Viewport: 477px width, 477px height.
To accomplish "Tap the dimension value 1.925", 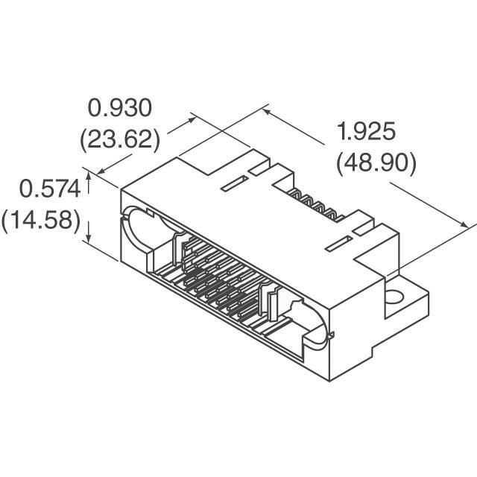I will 365,133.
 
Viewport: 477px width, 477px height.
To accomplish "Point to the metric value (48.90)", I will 376,162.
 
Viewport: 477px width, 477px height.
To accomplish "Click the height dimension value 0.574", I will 49,190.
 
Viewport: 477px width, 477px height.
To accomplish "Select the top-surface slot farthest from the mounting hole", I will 236,183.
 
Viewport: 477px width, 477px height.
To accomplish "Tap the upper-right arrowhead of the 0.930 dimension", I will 195,118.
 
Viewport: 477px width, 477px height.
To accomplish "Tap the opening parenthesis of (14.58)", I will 6,221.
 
